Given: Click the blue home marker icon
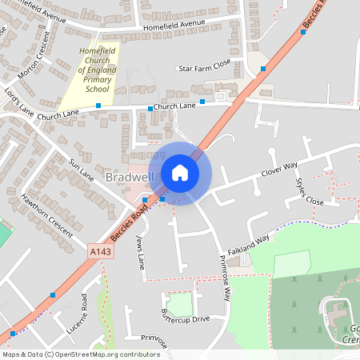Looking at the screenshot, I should click(180, 173).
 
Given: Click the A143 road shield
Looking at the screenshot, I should click(100, 252).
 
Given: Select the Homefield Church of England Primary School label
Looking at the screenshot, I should click(99, 70).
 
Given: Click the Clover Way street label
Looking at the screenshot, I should click(279, 169).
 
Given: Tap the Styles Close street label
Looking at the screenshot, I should click(310, 192).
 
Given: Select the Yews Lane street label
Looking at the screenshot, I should click(142, 252).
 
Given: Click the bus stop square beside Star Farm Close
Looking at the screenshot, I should click(262, 70).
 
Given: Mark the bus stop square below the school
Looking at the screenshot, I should click(98, 106).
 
